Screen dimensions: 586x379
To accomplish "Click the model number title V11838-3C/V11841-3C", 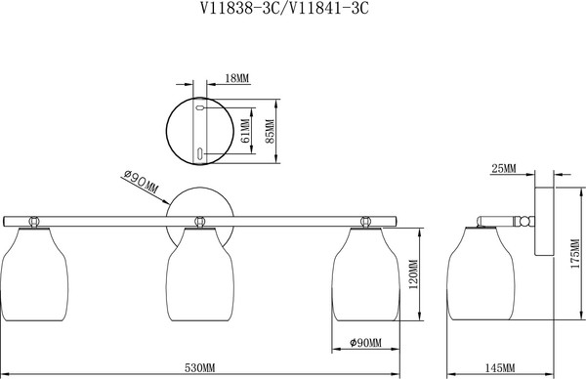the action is click(x=284, y=8).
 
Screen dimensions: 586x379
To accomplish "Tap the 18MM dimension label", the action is click(x=237, y=78).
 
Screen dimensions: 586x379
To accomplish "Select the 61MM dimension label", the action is click(x=245, y=131).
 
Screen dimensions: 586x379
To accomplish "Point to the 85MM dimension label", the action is click(x=270, y=131).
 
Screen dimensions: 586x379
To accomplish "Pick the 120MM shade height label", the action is click(x=414, y=274).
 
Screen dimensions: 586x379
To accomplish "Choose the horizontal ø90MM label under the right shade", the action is click(x=366, y=343).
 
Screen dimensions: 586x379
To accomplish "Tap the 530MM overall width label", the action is click(x=200, y=368).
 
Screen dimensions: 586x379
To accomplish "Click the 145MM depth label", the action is click(x=500, y=368).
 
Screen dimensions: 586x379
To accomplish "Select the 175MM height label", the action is click(x=575, y=254).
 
